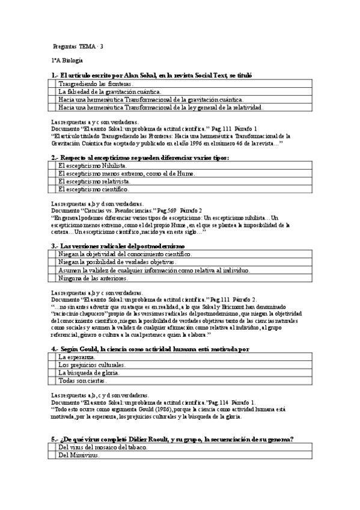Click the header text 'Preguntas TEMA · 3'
[x=78, y=46]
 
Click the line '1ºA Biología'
[x=67, y=61]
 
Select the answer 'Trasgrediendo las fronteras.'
[x=95, y=84]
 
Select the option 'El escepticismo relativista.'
[x=94, y=181]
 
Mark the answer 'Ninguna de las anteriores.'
[x=93, y=278]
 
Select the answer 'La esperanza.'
[x=77, y=357]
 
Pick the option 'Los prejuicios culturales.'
[x=92, y=364]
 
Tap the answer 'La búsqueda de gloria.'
[x=89, y=373]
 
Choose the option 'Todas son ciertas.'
[x=83, y=381]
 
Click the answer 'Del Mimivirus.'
[x=79, y=455]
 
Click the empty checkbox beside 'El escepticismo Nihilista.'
[x=52, y=165]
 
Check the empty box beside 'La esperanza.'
[x=52, y=357]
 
